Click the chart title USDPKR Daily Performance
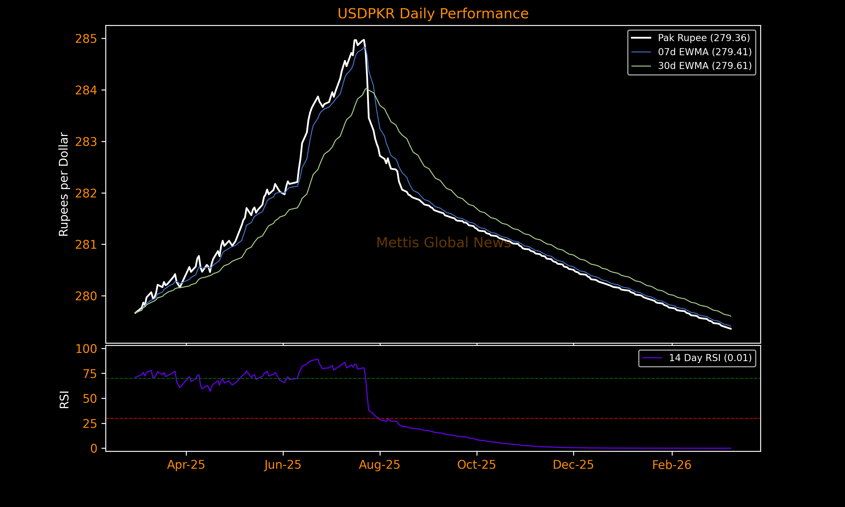point(433,14)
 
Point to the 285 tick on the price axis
point(86,39)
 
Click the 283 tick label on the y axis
point(86,142)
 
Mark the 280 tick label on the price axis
point(86,296)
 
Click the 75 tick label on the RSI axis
point(90,374)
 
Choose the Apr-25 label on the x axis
point(186,465)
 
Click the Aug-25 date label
point(379,465)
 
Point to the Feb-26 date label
point(671,465)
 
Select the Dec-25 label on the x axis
point(573,465)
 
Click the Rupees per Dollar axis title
point(64,184)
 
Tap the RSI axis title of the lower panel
point(64,399)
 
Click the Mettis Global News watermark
point(443,243)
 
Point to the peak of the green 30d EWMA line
point(366,88)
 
